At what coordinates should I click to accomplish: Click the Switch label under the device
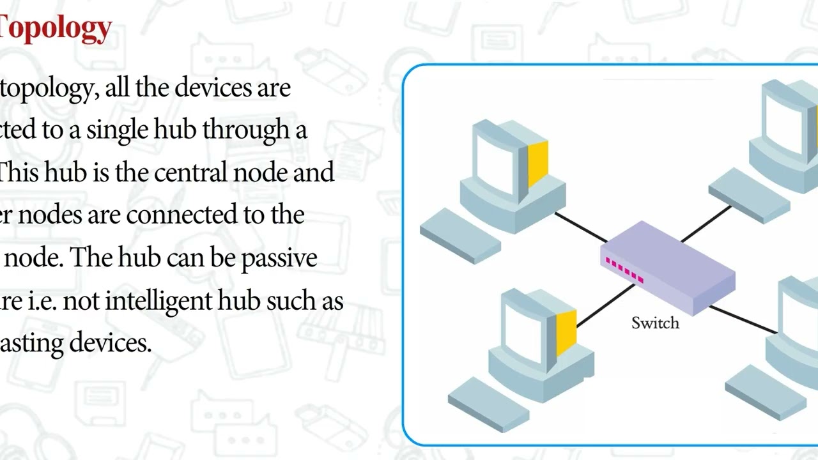655,323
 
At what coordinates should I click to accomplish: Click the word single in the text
119,130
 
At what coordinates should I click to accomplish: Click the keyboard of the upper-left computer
460,235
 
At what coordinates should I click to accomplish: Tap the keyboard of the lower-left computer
489,404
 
